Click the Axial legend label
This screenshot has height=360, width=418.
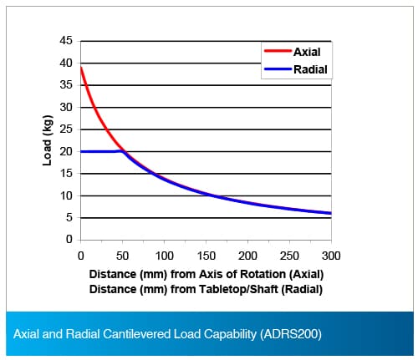tap(307, 52)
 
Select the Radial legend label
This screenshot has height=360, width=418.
tap(310, 69)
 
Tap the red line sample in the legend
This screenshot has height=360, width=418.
tap(278, 51)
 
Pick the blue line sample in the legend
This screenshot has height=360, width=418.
tap(278, 68)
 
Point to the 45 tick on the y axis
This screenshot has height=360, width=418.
tap(66, 41)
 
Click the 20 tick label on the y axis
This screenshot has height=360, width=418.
tap(66, 151)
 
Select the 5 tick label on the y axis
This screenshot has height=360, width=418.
tap(69, 217)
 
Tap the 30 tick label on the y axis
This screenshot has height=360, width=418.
tap(66, 107)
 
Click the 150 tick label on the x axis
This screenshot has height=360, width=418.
tap(206, 256)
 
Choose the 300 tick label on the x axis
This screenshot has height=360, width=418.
tap(331, 256)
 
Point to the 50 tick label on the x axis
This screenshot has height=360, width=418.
tap(122, 256)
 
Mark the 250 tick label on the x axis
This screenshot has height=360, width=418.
tap(289, 256)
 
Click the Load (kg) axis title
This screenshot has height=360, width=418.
tap(48, 140)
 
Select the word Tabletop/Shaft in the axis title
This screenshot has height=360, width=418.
tap(238, 289)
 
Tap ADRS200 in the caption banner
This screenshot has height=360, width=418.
tap(291, 334)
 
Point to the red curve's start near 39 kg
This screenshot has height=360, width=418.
tap(81, 68)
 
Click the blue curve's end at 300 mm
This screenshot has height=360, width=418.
tap(331, 213)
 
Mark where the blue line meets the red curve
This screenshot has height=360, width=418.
tap(125, 152)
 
